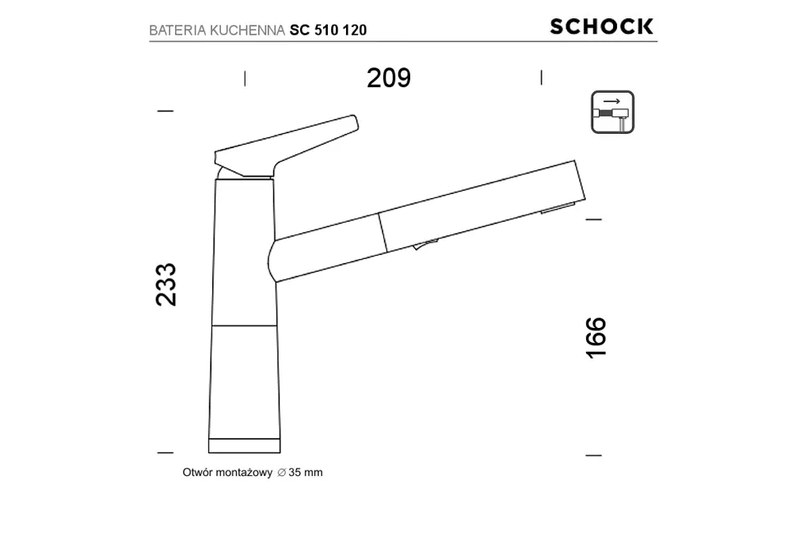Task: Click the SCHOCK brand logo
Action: (x=602, y=26)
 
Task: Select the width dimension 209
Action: (x=389, y=78)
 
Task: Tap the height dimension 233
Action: (x=166, y=284)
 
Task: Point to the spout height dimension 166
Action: (x=596, y=337)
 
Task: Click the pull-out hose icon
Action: (x=612, y=112)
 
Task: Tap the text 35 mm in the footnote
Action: (x=306, y=472)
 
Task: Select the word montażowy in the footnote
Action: (x=243, y=472)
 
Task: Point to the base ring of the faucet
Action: (x=243, y=444)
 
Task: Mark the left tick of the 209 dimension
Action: (x=245, y=78)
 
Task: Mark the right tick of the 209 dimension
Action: (x=541, y=77)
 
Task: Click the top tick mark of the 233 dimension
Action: (x=165, y=111)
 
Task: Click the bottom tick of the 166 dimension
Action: (x=593, y=455)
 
